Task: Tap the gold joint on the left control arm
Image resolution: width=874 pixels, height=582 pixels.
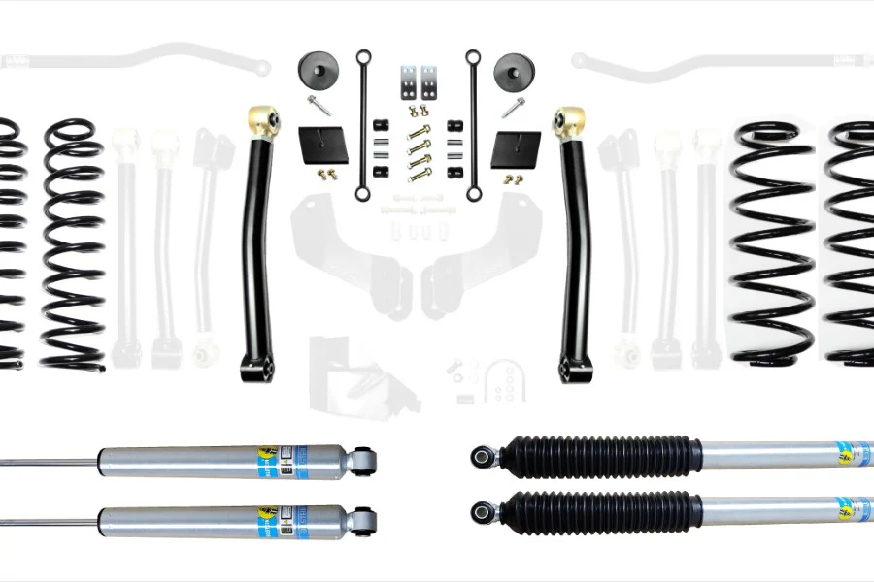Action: point(264,120)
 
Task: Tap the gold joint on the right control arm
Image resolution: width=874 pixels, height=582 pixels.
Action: point(569,122)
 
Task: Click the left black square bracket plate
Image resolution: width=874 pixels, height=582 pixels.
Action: point(323,146)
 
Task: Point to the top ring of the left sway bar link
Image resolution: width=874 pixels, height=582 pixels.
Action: point(362,55)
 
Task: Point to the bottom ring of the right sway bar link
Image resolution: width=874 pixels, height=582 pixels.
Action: point(474,193)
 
